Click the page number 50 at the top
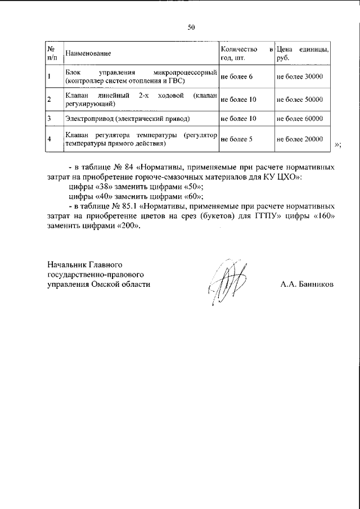(191, 26)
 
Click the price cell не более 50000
(300, 100)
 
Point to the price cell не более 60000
(300, 119)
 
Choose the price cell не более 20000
(300, 139)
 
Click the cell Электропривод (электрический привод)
(127, 119)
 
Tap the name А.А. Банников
(307, 285)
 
